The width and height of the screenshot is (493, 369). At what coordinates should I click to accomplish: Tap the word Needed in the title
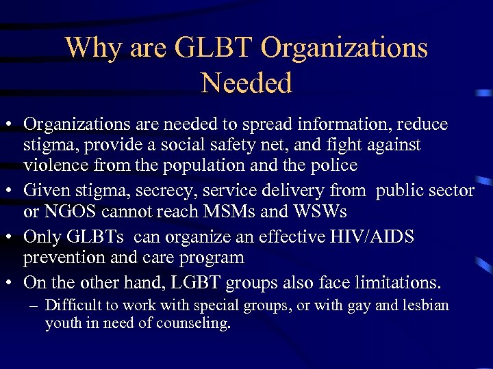(246, 83)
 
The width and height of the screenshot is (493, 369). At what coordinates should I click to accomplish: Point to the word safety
(216, 146)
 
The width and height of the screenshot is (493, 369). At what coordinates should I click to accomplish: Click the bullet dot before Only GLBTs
(12, 237)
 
